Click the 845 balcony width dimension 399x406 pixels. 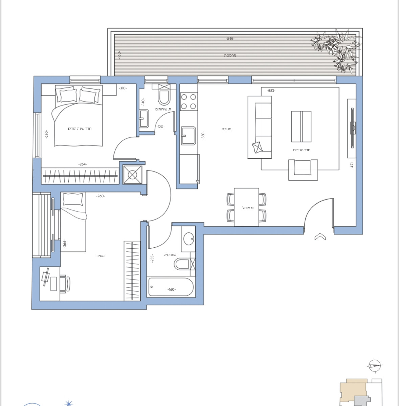click(x=230, y=39)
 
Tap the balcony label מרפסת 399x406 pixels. click(x=230, y=55)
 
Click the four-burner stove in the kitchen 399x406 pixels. click(x=189, y=101)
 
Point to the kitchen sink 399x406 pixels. click(x=189, y=136)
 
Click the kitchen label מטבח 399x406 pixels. click(x=226, y=129)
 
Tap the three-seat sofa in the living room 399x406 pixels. click(x=260, y=127)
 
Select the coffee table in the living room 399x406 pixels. click(x=301, y=127)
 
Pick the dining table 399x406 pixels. click(x=246, y=207)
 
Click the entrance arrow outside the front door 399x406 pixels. click(x=320, y=237)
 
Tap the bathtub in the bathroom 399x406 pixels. click(x=171, y=287)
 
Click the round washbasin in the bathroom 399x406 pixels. click(x=189, y=239)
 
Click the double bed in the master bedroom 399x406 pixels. click(x=79, y=117)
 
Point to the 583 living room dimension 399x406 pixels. click(x=271, y=91)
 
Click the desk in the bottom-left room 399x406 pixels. click(x=50, y=283)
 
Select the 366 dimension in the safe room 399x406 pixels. click(x=64, y=244)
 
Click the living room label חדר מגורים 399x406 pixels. click(x=302, y=150)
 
